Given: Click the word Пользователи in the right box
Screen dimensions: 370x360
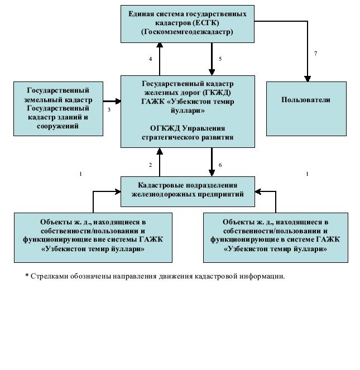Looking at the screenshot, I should [306, 100].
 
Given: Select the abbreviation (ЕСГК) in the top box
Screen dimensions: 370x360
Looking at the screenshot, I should [204, 22].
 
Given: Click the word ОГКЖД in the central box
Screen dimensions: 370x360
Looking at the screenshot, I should [156, 128].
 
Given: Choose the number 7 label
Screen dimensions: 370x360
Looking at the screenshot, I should [315, 54].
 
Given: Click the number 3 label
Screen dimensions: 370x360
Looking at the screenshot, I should [109, 110].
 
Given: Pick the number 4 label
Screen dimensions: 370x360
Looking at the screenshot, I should [150, 59].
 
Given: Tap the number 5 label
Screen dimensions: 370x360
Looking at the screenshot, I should [220, 59].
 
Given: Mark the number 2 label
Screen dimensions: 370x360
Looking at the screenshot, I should [150, 165].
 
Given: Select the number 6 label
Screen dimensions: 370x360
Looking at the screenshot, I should [220, 165].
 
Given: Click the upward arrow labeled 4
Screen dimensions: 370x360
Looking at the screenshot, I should [160, 59].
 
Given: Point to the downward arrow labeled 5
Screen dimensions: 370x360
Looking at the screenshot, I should [212, 59].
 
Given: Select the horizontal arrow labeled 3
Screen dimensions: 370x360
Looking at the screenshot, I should [112, 101].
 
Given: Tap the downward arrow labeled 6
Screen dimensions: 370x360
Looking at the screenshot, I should [212, 163].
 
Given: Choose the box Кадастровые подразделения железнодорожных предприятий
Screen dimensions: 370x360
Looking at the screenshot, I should [188, 191].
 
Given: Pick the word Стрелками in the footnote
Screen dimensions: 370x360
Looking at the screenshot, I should [47, 276].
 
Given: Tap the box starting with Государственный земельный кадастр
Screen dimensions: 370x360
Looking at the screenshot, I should [59, 108].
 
